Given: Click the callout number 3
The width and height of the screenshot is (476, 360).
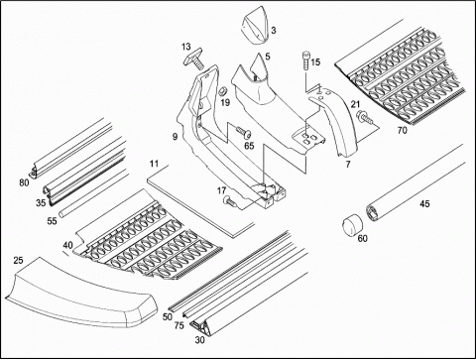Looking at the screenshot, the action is coord(274,31).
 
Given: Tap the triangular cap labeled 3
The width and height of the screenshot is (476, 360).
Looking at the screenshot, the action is coord(255,29).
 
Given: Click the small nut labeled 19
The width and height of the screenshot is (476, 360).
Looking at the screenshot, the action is coord(224,90).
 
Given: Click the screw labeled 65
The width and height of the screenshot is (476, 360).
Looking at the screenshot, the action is coord(243,132).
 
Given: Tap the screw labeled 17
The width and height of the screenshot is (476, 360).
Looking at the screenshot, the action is coord(230,201).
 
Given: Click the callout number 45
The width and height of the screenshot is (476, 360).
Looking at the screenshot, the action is coord(424,203).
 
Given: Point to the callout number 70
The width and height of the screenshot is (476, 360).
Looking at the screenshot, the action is coord(402,131).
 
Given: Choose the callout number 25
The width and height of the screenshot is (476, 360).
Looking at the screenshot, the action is coord(18,261).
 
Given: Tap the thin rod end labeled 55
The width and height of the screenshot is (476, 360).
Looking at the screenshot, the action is coord(61,214).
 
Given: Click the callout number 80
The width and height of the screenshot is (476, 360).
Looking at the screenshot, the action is coord(24,182).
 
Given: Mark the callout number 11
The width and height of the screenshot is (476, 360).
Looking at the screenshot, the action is coord(154,164).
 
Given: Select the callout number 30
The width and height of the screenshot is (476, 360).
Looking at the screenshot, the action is coord(199,340).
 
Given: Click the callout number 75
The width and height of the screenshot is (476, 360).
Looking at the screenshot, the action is coord(178,325).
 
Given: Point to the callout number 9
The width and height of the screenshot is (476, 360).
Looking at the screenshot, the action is coord(175,136).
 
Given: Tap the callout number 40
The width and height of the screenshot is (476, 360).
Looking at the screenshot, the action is coord(67,245).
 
